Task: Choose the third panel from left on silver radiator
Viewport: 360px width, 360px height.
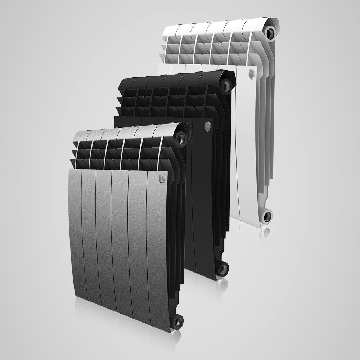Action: click(104, 238)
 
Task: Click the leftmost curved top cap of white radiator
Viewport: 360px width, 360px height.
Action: click(171, 29)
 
